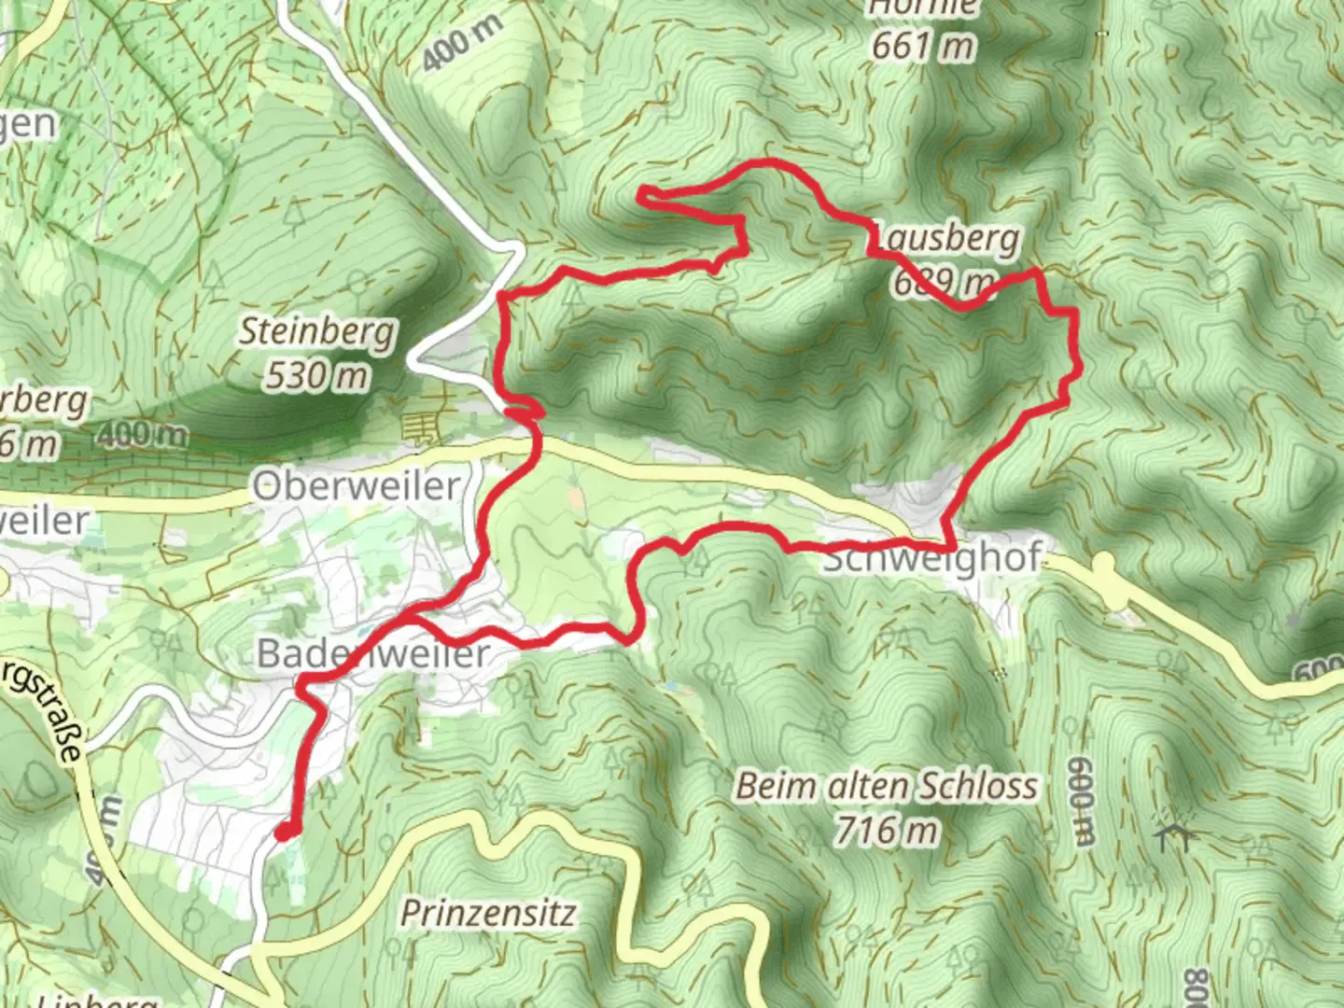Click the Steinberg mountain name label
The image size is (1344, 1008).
(317, 332)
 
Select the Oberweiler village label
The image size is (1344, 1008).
(357, 486)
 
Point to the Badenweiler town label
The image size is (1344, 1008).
(372, 653)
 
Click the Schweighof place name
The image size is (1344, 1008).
(931, 558)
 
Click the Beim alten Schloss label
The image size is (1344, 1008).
(886, 786)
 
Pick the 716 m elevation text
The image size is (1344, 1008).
(886, 829)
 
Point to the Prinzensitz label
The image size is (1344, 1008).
(488, 913)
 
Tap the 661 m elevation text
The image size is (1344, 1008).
(923, 45)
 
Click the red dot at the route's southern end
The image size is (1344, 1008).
(286, 832)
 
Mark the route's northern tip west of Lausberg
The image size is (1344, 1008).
(644, 193)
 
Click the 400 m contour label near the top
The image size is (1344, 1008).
(461, 43)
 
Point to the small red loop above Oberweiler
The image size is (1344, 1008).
(525, 410)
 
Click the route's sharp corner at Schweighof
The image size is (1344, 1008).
(950, 544)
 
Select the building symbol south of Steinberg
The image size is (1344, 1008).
(419, 429)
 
